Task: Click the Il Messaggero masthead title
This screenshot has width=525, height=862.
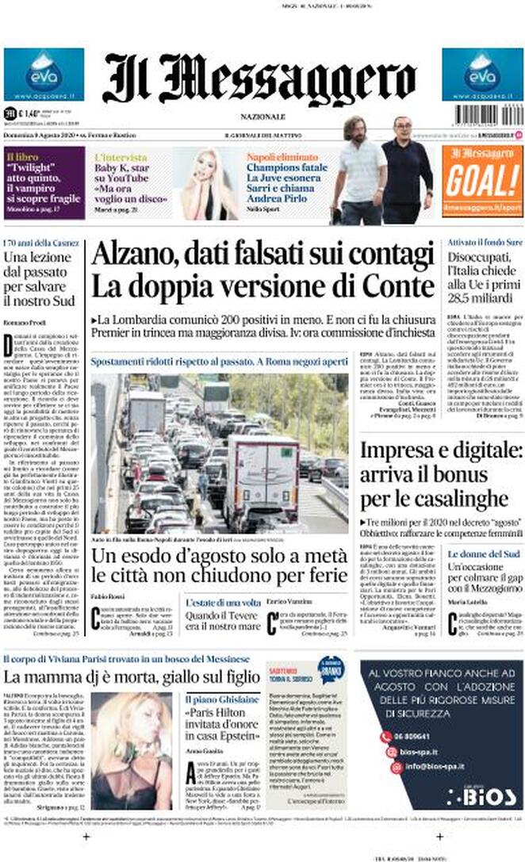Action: tap(259, 78)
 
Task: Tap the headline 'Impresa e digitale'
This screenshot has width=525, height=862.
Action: tap(441, 452)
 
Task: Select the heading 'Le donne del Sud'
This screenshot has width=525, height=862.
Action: tap(484, 554)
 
